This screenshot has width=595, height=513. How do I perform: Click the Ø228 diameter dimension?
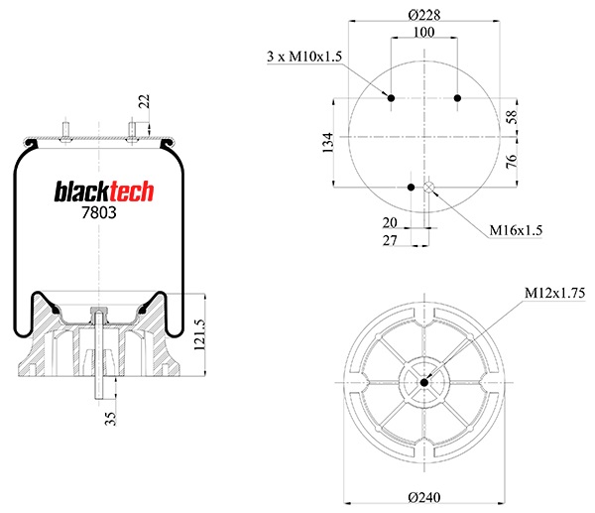424,15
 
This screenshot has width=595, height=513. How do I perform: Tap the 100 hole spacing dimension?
423,33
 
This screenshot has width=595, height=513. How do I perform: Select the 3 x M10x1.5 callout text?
304,57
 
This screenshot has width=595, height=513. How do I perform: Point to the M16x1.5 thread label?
516,230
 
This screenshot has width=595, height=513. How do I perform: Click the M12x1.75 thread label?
554,293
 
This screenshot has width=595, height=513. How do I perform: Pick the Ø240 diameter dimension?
424,497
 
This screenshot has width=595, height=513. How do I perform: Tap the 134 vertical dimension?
328,143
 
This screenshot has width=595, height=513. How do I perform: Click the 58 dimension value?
512,117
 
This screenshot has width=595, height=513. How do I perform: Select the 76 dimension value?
512,161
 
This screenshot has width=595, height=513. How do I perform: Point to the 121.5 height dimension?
199,334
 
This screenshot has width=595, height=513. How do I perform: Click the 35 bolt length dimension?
110,419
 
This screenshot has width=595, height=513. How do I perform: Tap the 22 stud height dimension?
144,101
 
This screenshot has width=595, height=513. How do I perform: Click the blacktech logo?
104,192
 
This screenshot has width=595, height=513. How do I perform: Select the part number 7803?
99,212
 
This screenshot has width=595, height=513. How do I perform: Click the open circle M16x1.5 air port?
429,188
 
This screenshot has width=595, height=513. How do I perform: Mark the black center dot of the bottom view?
424,382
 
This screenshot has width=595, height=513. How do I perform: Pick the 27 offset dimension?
390,240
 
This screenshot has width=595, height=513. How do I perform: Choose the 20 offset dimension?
390,223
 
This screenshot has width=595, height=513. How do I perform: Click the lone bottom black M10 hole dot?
411,188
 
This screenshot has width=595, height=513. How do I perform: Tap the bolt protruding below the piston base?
99,388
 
